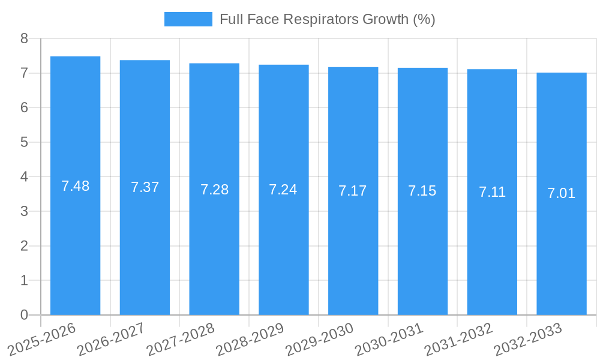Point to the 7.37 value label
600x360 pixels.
tap(145, 187)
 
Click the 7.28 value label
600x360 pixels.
tap(214, 190)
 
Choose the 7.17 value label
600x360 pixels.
tap(353, 191)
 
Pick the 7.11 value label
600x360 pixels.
tap(492, 192)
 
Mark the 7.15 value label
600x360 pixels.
tap(422, 191)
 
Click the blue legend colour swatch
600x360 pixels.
tap(188, 19)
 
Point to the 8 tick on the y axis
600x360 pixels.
tap(24, 38)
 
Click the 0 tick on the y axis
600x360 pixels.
tap(24, 315)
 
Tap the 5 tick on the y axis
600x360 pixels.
tap(24, 142)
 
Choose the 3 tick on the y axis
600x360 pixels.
tap(24, 211)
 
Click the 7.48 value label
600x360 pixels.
tap(75, 186)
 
